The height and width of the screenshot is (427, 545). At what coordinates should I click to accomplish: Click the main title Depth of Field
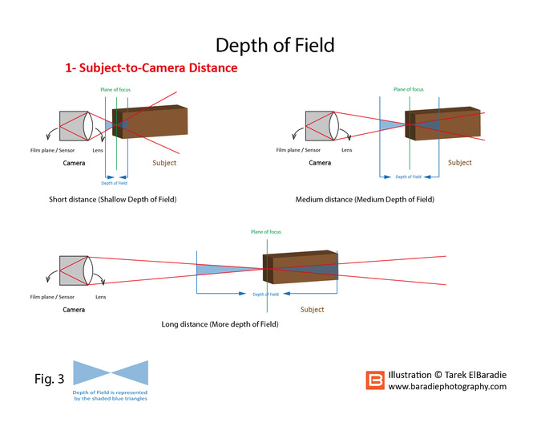[275, 45]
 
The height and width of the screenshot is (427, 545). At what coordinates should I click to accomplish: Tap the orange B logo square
[375, 380]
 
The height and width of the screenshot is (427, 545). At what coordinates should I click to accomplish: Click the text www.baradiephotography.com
[447, 386]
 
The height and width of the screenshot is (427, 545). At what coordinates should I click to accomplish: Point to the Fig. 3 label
[50, 379]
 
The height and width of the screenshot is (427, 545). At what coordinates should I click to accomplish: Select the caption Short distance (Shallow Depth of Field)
[113, 199]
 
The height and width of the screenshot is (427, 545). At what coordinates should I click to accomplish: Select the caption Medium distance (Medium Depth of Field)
[365, 199]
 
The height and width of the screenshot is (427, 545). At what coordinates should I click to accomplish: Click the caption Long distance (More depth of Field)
[220, 324]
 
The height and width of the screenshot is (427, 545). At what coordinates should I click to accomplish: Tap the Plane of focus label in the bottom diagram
[266, 232]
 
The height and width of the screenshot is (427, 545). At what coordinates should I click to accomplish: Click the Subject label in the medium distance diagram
[460, 162]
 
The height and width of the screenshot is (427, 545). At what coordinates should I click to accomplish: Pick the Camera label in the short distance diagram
[74, 163]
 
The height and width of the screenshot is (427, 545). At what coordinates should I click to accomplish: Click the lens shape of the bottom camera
[88, 270]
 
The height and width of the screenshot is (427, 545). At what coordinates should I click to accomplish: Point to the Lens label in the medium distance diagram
[346, 150]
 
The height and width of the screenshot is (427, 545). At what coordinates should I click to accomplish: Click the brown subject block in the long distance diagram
[301, 266]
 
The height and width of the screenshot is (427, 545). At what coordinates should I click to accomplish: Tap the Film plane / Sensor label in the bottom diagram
[52, 297]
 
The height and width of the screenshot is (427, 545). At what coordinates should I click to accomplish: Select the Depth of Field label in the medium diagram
[409, 177]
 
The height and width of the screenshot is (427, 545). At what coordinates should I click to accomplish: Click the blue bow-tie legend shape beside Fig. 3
[111, 372]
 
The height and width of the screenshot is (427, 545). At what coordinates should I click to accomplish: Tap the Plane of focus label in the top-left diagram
[115, 89]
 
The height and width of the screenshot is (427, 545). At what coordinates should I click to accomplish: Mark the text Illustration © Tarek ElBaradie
[447, 375]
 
